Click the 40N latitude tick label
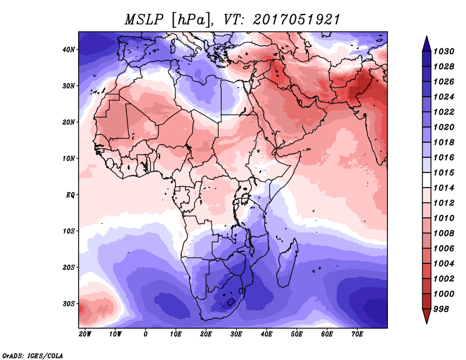click(69, 50)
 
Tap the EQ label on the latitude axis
click(70, 195)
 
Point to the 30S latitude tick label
click(69, 304)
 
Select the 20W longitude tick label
click(85, 334)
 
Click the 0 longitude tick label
click(145, 334)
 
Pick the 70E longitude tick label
click(357, 334)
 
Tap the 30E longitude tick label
click(236, 334)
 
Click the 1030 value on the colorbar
click(443, 51)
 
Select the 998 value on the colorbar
click(441, 309)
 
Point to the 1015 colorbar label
click(443, 172)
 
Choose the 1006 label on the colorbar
click(443, 249)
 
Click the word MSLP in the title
click(144, 20)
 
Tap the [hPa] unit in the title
click(192, 20)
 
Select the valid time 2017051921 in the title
click(296, 20)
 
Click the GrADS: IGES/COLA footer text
click(33, 355)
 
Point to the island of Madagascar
click(288, 263)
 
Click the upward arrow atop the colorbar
click(426, 44)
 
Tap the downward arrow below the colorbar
click(426, 316)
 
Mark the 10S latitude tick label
click(69, 231)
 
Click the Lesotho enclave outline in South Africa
click(231, 303)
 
